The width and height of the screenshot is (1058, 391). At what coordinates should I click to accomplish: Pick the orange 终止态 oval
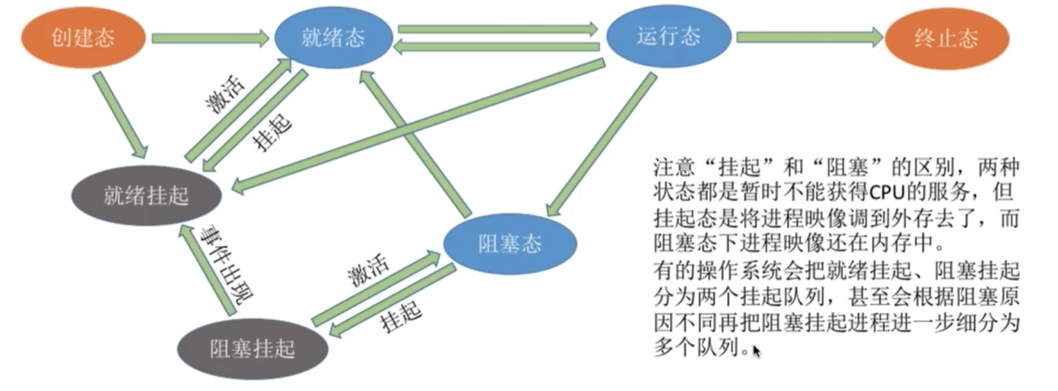coord(946,39)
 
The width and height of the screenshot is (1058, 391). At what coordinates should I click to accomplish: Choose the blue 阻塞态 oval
coord(507,242)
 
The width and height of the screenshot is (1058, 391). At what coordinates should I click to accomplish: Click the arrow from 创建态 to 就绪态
coord(210,38)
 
